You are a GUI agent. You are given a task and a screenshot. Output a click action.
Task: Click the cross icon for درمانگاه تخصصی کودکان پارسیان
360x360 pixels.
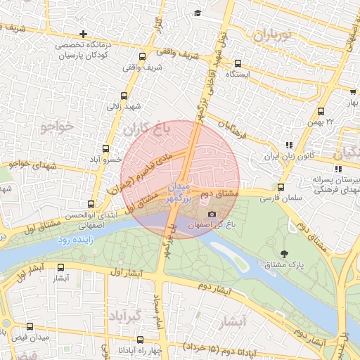(x=84, y=34)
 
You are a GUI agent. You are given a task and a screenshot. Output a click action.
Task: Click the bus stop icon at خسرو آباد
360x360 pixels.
(x=106, y=148)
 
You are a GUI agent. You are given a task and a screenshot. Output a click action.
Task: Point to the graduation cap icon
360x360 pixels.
(x=198, y=13)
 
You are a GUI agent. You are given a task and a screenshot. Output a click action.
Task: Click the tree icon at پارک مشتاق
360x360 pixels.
(x=284, y=253)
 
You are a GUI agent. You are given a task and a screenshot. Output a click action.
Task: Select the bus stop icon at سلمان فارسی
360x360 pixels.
(x=281, y=187)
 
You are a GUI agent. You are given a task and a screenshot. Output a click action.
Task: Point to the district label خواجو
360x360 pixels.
(x=56, y=127)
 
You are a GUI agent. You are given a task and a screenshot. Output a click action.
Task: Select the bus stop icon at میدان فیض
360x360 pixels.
(x=30, y=327)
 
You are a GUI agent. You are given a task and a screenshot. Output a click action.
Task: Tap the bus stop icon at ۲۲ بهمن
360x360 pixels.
(x=321, y=111)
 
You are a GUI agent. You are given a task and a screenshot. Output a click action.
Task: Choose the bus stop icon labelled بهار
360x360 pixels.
(x=352, y=91)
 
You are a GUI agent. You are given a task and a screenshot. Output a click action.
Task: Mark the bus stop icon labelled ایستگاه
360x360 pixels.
(x=238, y=62)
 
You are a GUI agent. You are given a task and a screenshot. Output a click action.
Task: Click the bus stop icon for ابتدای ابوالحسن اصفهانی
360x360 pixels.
(x=91, y=204)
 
